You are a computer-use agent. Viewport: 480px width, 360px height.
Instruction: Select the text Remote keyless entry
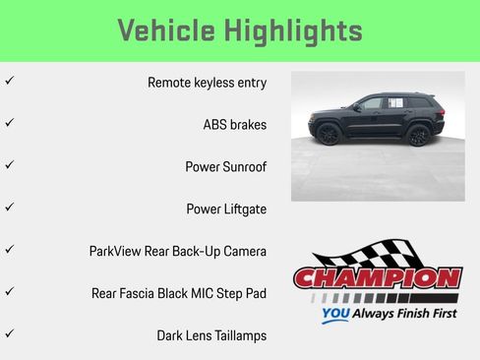click(207, 83)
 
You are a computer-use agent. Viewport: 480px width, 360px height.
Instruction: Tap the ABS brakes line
click(234, 125)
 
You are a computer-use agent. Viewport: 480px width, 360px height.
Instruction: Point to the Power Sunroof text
click(225, 167)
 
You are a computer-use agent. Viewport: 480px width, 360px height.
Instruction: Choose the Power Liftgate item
click(226, 210)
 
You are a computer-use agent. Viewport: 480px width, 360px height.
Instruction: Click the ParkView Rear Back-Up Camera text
click(177, 252)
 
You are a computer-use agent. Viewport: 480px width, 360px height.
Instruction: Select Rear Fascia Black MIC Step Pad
click(178, 293)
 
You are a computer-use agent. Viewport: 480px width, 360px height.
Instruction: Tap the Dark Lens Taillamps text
click(211, 335)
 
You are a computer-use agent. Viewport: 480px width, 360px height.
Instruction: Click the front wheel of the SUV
click(329, 134)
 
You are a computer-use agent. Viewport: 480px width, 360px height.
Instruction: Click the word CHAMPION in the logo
click(377, 278)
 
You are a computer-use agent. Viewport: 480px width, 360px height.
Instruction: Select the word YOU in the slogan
click(335, 316)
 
